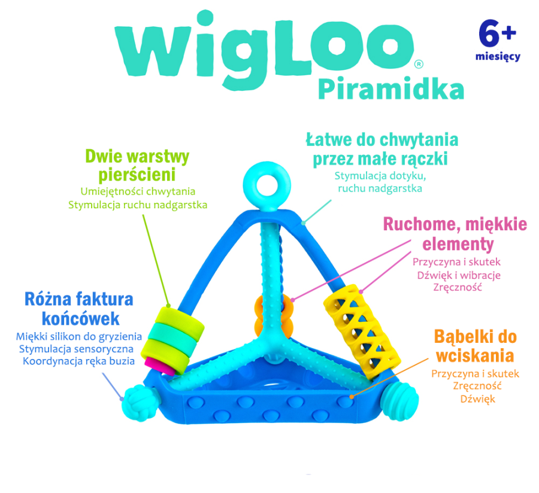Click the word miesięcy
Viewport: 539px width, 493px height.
coord(498,57)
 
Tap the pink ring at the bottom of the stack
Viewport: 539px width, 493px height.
coord(169,364)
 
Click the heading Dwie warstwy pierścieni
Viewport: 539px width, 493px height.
coord(138,166)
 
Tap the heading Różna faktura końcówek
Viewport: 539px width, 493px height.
coord(79,308)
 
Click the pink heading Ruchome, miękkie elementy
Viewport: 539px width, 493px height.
coord(455,234)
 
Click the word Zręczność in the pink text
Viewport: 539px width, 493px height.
coord(456,288)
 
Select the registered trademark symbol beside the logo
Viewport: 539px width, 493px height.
coord(419,63)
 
